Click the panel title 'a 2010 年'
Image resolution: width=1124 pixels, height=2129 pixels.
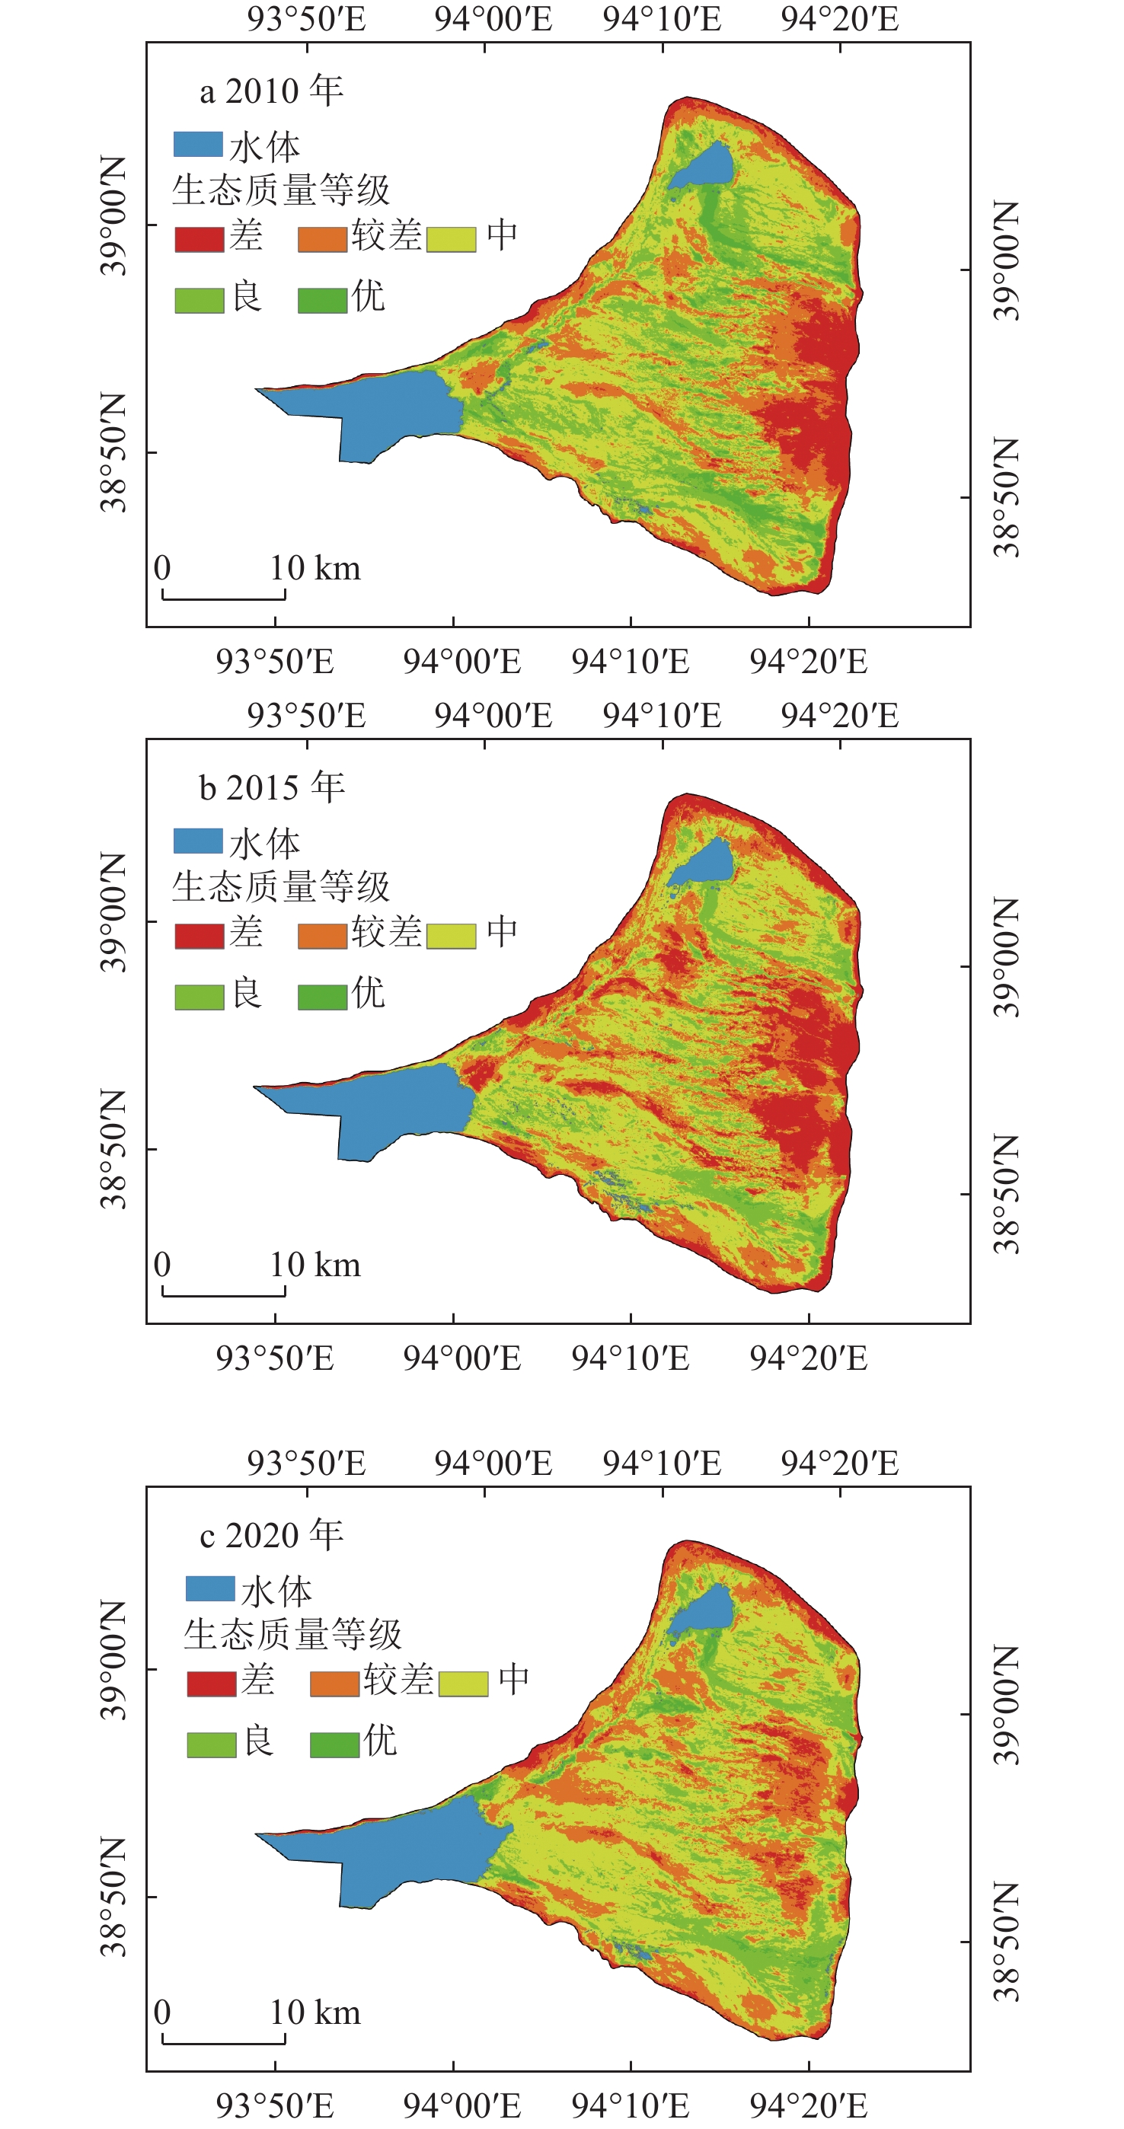coord(271,91)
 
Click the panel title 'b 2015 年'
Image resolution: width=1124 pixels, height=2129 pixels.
coord(271,787)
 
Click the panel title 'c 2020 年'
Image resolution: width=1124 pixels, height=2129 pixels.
coord(271,1536)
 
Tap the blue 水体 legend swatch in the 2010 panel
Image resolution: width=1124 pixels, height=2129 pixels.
coord(198,145)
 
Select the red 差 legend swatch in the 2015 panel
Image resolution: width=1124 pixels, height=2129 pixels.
coord(200,936)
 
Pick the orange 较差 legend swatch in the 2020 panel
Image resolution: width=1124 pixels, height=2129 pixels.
coord(335,1684)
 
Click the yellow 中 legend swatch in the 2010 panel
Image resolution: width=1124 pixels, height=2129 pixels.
coord(452,239)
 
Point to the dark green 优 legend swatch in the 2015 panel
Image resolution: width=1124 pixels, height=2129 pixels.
coord(322,997)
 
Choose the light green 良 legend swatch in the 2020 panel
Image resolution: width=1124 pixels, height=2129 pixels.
coord(212,1744)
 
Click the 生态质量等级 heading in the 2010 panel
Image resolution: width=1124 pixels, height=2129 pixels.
coord(281,191)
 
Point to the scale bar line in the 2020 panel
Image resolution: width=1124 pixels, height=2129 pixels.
coord(224,2042)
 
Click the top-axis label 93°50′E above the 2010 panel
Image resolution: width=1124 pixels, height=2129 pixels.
coord(307,19)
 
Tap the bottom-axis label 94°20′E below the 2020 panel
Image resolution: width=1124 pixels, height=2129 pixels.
coord(808,2106)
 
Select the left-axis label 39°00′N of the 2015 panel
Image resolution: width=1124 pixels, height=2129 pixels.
coord(114,912)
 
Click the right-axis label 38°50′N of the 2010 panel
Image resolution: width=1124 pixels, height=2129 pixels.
coord(1007,497)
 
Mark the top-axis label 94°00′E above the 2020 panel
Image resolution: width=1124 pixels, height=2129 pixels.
coord(493,1463)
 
